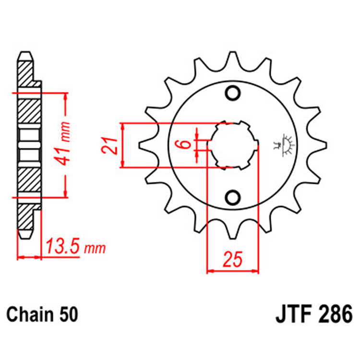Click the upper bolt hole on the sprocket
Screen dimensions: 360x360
233,92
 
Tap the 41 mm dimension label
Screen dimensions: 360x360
65,144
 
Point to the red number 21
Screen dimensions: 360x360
109,145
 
